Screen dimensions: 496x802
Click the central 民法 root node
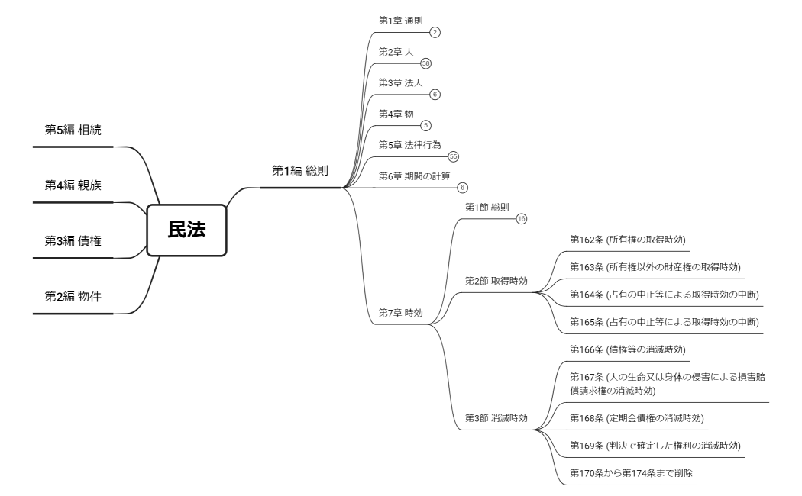(x=186, y=230)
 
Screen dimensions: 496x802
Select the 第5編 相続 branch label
(x=73, y=130)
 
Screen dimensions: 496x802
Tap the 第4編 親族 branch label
(x=73, y=185)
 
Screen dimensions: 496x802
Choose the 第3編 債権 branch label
(x=73, y=241)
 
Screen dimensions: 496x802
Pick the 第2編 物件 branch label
(x=73, y=297)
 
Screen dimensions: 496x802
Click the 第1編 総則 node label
(x=300, y=170)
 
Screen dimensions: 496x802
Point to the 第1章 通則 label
(x=401, y=20)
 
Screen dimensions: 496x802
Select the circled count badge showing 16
(x=522, y=218)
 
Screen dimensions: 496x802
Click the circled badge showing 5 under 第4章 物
(x=426, y=125)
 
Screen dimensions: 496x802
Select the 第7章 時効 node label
(x=401, y=313)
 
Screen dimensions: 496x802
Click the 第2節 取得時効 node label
(x=496, y=281)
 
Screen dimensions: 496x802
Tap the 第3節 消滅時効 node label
(x=496, y=418)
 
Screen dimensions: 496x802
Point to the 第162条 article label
(x=627, y=240)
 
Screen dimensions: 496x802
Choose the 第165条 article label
(x=665, y=322)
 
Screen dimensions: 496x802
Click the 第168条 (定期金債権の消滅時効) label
(x=637, y=418)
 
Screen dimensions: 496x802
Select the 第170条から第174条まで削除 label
(x=631, y=473)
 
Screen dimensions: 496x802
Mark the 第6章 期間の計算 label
(x=415, y=176)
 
